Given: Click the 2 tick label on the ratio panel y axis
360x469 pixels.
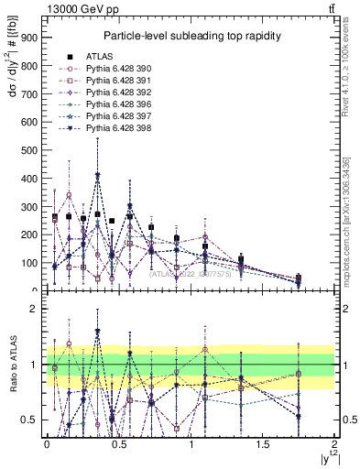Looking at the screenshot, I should (34, 309).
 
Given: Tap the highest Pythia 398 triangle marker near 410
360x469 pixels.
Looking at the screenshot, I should (98, 175).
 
